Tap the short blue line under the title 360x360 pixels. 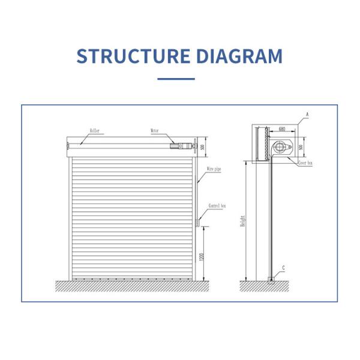pos(176,79)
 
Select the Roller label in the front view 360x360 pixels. pos(94,130)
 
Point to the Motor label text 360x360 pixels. pos(155,130)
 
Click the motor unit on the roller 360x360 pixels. pos(181,145)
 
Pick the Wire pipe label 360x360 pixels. pos(214,170)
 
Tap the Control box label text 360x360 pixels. pos(217,206)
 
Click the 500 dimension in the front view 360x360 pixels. pos(202,147)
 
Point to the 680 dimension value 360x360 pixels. pos(282,129)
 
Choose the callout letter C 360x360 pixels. pos(284,268)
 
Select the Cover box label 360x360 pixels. pos(305,163)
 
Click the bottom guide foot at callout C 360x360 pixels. pos(271,277)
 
